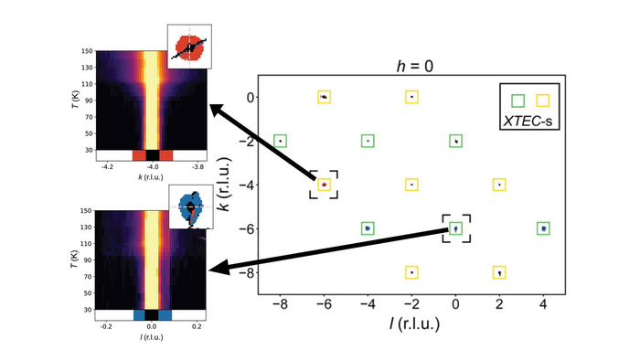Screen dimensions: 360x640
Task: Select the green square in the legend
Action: point(519,99)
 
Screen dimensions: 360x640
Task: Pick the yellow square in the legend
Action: point(542,99)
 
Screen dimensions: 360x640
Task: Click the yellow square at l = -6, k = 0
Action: point(324,96)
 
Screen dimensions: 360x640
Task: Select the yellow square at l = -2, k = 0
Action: point(412,96)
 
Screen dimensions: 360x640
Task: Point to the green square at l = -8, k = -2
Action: point(280,141)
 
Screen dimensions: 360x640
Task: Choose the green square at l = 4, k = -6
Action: point(544,228)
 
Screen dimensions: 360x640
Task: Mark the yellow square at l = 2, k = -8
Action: point(500,272)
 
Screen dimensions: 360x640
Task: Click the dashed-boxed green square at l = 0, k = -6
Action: point(456,228)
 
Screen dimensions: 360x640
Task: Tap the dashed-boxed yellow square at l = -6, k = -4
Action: point(324,185)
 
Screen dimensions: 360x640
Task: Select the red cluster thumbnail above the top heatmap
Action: point(189,47)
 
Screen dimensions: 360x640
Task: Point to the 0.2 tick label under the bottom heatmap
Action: point(197,324)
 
